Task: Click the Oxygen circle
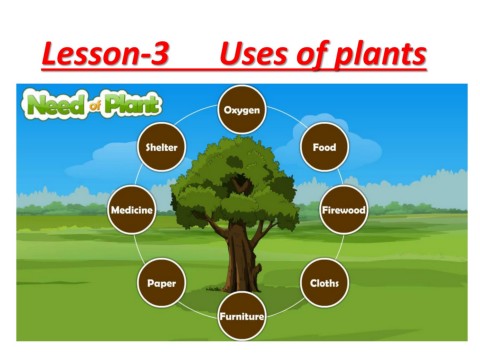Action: point(242,109)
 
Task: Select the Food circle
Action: point(324,147)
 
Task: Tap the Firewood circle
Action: point(344,211)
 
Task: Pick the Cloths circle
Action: point(324,283)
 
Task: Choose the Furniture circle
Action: point(242,317)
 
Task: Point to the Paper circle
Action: point(160,283)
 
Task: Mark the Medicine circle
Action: point(132,211)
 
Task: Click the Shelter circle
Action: point(160,147)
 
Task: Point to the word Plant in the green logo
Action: point(131,102)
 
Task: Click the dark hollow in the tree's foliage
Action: point(240,184)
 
